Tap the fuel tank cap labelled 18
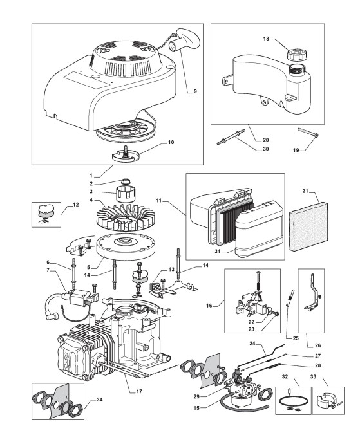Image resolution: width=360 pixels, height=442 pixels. pos(296,54)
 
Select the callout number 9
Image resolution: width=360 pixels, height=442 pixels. pos(195,91)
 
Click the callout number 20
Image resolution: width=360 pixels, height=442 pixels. pos(265,140)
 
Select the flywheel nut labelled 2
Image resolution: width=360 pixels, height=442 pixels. pos(126,182)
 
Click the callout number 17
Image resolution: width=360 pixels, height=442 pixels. pos(139,391)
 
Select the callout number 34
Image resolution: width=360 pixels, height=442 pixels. pos(99,400)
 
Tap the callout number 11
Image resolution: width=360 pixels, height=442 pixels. pos(160,201)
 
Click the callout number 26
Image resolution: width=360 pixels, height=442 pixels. pos(317,345)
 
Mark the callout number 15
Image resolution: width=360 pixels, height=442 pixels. pos(196,408)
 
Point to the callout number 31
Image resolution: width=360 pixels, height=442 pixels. pos(217,252)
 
